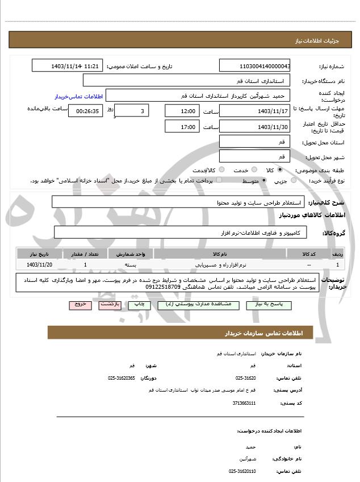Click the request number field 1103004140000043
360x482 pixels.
(x=254, y=66)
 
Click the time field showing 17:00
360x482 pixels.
(x=182, y=127)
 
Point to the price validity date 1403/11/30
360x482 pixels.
(x=254, y=127)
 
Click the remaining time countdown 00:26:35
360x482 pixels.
(x=85, y=111)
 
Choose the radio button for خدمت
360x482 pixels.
(x=253, y=170)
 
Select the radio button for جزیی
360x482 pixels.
(x=293, y=181)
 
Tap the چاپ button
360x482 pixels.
(x=139, y=305)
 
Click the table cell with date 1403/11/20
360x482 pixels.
(x=39, y=265)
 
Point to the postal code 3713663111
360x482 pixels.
(x=245, y=403)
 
